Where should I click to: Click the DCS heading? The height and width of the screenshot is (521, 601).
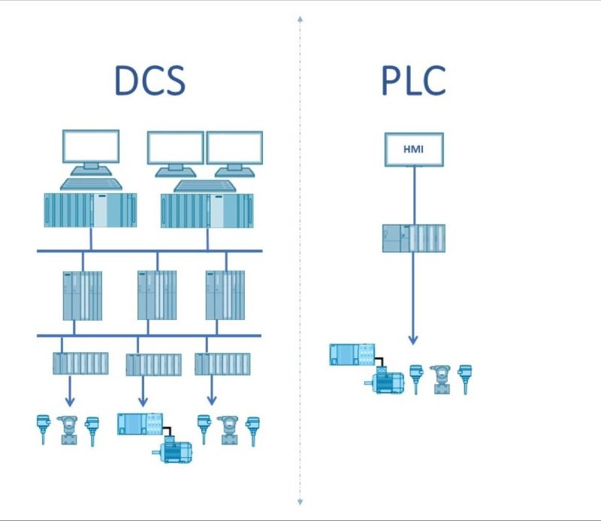(x=149, y=81)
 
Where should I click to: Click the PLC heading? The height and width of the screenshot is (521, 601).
(x=413, y=81)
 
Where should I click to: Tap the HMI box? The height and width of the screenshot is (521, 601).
(x=413, y=149)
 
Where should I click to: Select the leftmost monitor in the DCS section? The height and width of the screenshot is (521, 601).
(x=90, y=147)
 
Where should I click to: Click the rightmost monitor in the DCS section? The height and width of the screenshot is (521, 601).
(x=234, y=149)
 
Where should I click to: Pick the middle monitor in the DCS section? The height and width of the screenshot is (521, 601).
(x=175, y=149)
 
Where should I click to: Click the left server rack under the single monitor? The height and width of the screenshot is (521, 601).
(x=90, y=210)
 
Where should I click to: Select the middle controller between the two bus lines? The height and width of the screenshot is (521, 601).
(x=156, y=295)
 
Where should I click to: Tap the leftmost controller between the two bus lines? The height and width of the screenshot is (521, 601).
(x=82, y=295)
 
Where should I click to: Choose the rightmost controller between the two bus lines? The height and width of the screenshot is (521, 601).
(x=225, y=295)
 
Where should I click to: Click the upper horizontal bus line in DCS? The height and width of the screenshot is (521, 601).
(x=149, y=251)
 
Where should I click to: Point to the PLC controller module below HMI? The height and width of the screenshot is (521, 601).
(x=413, y=238)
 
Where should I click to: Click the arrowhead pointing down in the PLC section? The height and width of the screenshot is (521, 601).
(x=413, y=339)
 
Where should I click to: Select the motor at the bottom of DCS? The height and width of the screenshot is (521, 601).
(x=175, y=451)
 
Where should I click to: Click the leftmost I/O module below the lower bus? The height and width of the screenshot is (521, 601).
(x=80, y=364)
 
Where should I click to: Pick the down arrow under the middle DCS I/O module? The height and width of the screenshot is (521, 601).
(x=143, y=399)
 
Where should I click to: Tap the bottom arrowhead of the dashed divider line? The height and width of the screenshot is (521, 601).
(x=300, y=501)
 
